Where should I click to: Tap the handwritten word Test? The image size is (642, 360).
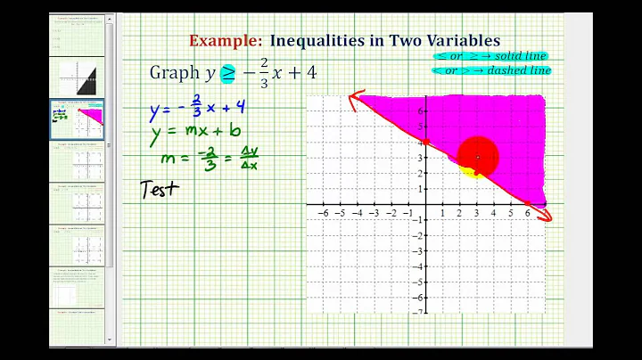160,188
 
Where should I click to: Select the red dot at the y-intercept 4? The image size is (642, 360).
426,142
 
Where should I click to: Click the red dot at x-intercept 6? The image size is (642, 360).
527,205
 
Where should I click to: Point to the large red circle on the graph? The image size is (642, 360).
477,159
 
